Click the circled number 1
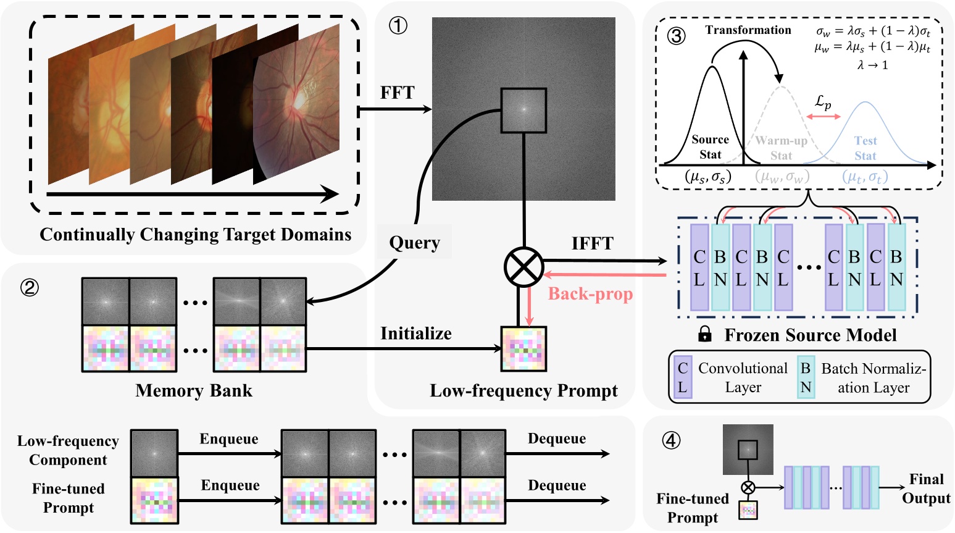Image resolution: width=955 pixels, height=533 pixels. tap(398, 25)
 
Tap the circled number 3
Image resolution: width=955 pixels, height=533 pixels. tap(677, 35)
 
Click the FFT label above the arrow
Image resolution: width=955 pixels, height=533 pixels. tap(397, 93)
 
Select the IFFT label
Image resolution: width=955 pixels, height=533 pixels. tap(592, 243)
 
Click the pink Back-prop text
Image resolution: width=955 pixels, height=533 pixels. tap(590, 294)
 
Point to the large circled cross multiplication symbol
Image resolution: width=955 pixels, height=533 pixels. tap(523, 267)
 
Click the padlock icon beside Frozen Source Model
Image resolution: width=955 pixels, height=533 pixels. tap(704, 335)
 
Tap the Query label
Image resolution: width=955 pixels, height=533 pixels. tap(414, 242)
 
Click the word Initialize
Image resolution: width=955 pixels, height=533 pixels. tap(415, 334)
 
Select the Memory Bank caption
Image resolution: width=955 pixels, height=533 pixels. tap(194, 390)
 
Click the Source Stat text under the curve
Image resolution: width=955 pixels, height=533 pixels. tap(710, 147)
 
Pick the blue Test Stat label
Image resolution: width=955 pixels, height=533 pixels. tap(865, 148)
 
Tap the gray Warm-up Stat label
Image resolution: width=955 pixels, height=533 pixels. tap(781, 148)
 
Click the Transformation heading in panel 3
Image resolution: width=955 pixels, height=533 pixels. tap(748, 30)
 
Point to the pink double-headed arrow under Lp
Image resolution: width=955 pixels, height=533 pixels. tap(824, 116)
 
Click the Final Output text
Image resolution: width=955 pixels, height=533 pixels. tap(926, 489)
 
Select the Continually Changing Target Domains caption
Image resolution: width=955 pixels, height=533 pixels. tap(195, 235)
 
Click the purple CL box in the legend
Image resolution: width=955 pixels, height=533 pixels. tap(683, 377)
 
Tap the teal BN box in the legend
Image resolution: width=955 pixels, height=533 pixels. tap(806, 377)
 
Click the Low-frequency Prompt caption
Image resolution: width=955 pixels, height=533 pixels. tap(523, 391)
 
